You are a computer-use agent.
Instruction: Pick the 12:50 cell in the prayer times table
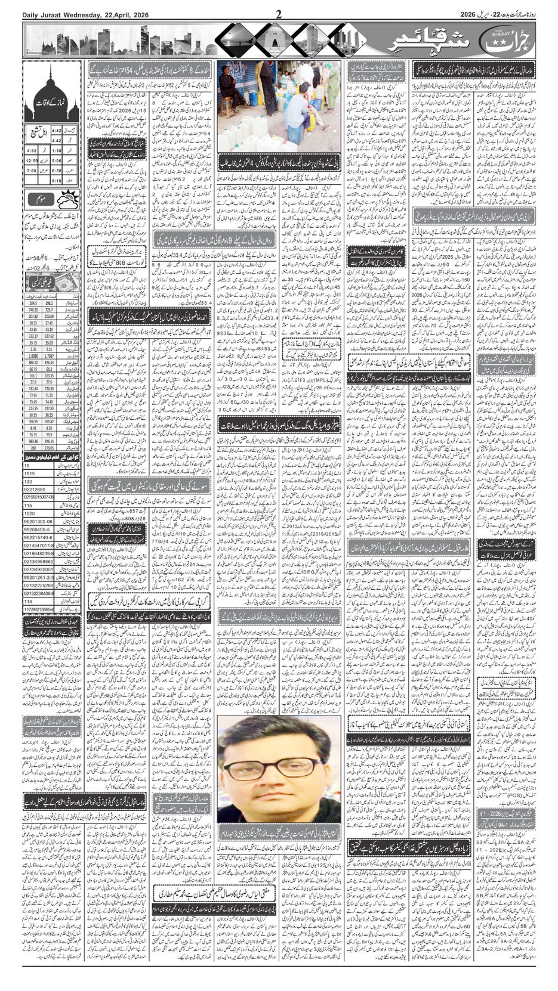point(31,160)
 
